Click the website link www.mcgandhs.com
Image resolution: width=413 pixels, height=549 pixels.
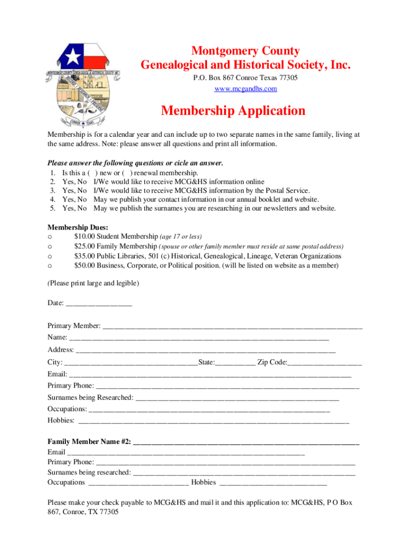[246, 88]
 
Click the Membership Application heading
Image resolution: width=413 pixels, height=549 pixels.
[233, 111]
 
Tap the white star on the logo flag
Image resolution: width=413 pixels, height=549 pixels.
[71, 55]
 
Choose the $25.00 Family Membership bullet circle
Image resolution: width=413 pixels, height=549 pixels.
[50, 247]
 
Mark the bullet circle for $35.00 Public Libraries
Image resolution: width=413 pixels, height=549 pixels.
[50, 256]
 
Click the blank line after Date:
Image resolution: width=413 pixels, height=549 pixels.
[99, 303]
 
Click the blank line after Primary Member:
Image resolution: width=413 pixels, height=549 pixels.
[232, 327]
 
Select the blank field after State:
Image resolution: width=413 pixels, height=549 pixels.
[235, 363]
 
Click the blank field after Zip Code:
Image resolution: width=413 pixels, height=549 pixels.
[325, 363]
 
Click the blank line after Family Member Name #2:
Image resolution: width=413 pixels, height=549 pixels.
[246, 442]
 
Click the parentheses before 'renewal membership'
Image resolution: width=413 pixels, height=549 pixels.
[127, 173]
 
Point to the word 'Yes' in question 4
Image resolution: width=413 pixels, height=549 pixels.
[68, 199]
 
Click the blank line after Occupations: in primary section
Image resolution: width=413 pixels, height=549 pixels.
[209, 410]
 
